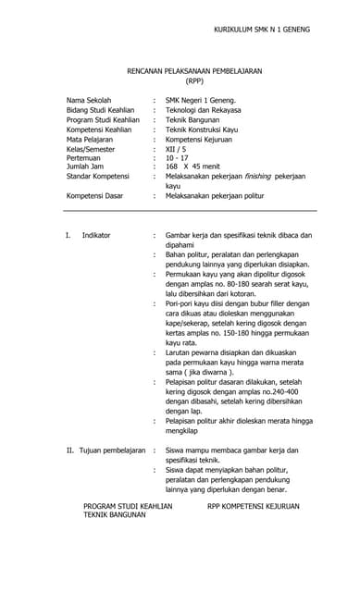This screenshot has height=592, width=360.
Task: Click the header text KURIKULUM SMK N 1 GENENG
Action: pyautogui.click(x=262, y=30)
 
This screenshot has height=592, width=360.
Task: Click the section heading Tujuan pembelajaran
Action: pyautogui.click(x=112, y=450)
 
